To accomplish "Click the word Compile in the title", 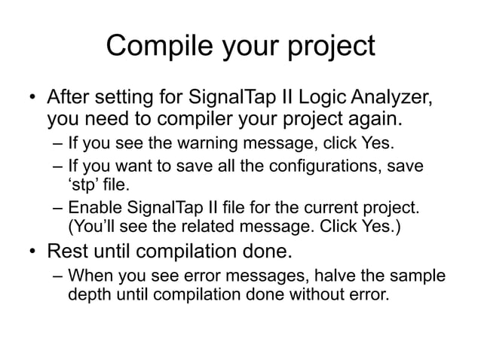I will pos(155,47).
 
